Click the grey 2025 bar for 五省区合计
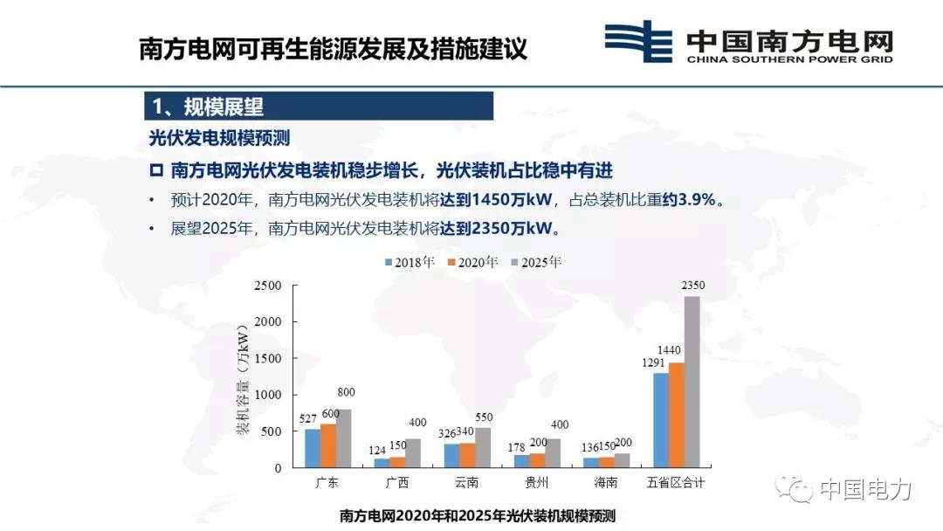click(692, 382)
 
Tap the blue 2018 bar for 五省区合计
click(660, 420)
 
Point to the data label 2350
click(692, 286)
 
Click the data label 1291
click(655, 362)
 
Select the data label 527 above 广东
click(308, 418)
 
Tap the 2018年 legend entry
click(410, 261)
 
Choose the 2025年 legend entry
click(537, 261)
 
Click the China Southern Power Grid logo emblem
click(638, 42)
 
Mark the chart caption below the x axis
click(477, 516)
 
